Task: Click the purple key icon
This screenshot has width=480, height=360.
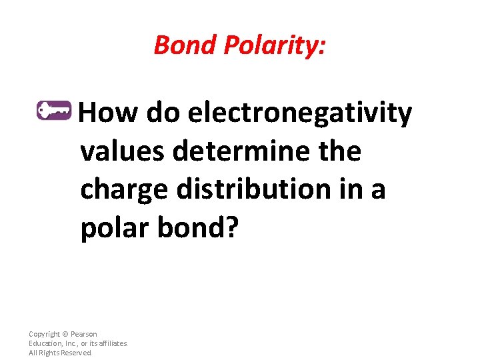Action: point(53,110)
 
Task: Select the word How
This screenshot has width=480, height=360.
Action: point(109,113)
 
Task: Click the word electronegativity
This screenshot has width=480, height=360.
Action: point(300,113)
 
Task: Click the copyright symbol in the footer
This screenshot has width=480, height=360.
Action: point(65,334)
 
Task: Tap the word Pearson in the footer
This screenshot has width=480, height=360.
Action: point(83,334)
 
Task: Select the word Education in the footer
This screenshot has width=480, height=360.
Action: point(45,343)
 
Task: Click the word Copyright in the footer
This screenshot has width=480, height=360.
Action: point(44,334)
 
